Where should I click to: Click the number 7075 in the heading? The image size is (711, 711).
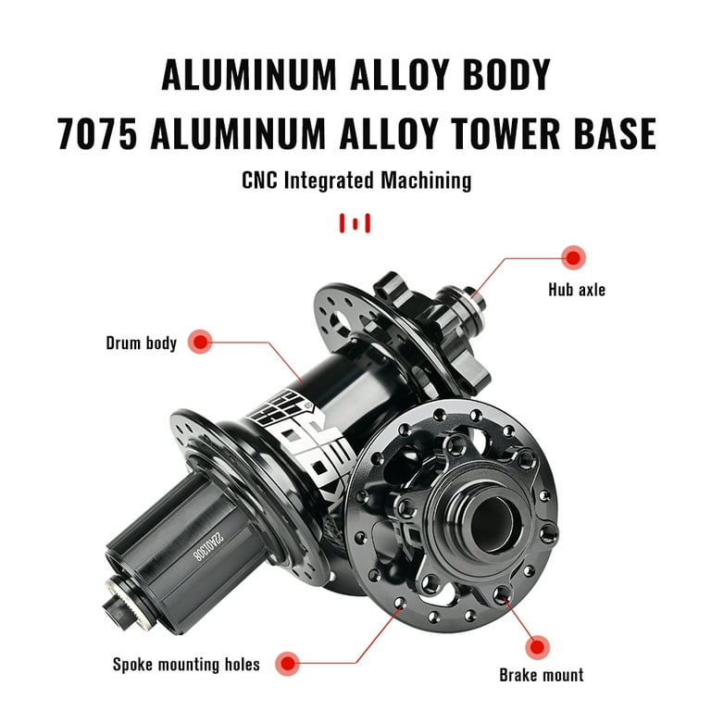97,133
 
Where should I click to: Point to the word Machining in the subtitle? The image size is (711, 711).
426,181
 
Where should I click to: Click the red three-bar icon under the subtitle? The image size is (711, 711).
355,223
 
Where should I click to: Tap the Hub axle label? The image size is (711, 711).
577,290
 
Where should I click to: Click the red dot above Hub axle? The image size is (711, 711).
573,257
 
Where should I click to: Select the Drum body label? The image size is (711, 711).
141,343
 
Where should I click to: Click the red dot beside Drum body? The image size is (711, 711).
200,342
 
